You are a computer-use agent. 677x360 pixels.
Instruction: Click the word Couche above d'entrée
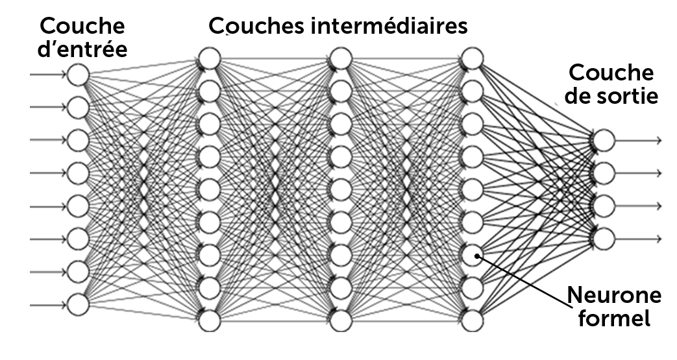[x=82, y=27]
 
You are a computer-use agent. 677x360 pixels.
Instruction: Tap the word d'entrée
[x=82, y=49]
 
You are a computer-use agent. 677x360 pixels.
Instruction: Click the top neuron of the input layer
[x=78, y=74]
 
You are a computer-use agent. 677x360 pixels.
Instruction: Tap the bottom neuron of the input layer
[x=78, y=303]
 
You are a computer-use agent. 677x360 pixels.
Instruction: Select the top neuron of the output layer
[x=603, y=139]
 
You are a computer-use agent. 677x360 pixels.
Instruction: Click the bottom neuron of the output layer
[x=603, y=238]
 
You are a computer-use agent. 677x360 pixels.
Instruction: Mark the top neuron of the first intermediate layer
[x=210, y=58]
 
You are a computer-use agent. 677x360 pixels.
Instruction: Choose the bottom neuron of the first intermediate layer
[x=210, y=320]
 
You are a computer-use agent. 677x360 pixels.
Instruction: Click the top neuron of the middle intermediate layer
[x=341, y=58]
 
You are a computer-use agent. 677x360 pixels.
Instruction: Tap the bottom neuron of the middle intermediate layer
[x=341, y=320]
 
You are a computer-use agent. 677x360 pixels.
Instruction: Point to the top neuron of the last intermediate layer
[x=472, y=58]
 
